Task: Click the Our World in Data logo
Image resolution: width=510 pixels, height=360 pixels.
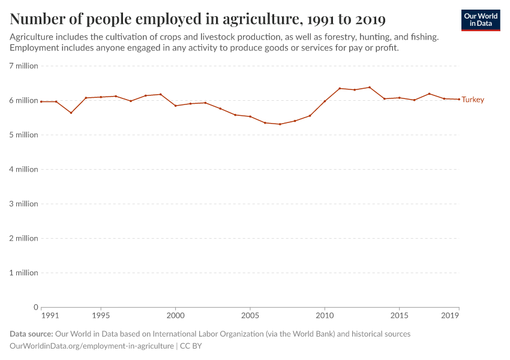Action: coord(481,20)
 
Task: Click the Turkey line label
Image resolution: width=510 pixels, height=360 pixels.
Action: coord(473,100)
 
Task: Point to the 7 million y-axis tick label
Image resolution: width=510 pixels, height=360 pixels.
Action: coord(24,66)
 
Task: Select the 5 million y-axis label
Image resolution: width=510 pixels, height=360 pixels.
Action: coord(24,135)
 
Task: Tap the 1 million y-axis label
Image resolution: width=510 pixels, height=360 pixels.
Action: coord(24,273)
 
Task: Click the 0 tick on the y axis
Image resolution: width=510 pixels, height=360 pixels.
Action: coord(36,307)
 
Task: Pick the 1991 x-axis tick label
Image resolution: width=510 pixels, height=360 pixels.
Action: coord(50,315)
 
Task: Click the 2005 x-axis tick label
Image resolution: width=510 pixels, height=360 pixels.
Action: coord(250,315)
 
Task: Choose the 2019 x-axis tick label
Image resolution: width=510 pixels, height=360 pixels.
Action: coord(451,315)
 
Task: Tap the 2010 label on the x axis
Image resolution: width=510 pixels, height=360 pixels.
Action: coord(325,315)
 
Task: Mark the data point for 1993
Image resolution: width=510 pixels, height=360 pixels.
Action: coord(71,113)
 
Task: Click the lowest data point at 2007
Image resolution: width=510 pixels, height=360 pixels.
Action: coord(280,124)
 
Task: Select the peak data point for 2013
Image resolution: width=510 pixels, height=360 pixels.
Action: coord(370,87)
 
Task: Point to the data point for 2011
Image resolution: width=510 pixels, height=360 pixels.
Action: coord(340,88)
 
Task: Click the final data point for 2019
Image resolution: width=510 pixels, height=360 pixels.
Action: coord(459,99)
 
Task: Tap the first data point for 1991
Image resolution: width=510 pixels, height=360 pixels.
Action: coord(41,101)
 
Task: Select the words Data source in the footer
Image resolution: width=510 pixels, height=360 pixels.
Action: coord(31,334)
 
